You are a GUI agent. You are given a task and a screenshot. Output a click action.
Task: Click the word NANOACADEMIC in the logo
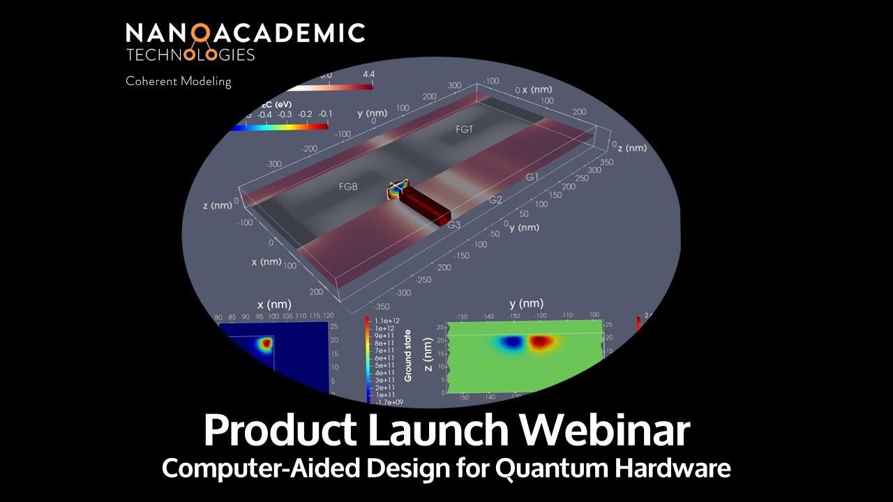pyautogui.click(x=245, y=33)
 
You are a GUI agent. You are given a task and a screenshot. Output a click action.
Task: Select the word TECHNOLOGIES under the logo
pyautogui.click(x=190, y=54)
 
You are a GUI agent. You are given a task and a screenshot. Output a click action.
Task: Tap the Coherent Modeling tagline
pyautogui.click(x=178, y=82)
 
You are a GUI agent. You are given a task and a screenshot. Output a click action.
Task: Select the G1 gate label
pyautogui.click(x=533, y=178)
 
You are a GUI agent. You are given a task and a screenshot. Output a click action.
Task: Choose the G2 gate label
pyautogui.click(x=495, y=200)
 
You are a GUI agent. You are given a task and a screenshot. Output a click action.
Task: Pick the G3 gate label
pyautogui.click(x=454, y=225)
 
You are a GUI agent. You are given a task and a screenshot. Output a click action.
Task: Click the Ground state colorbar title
pyautogui.click(x=408, y=356)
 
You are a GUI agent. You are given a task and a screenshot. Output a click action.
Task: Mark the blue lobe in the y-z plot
pyautogui.click(x=513, y=342)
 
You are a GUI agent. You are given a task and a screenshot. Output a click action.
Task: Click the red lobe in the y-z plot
pyautogui.click(x=541, y=342)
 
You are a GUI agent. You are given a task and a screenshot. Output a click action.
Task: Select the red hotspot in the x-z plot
pyautogui.click(x=266, y=343)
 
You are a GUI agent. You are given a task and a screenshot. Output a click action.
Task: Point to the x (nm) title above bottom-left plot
pyautogui.click(x=274, y=305)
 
